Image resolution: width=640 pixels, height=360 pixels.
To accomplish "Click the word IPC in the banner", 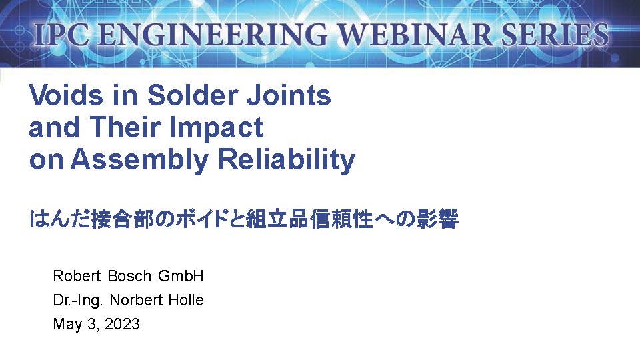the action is coord(61,34).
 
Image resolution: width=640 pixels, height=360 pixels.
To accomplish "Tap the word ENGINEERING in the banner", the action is coord(212,34).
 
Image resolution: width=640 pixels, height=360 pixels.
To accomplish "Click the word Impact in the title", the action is coord(216,129).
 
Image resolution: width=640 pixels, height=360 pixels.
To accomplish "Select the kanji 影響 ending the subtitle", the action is coord(437,219).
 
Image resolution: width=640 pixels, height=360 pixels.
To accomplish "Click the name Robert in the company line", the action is coord(77,276).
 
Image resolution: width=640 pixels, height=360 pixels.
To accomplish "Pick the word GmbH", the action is coord(181,276).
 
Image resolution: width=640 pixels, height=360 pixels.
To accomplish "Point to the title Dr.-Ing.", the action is coord(77,301).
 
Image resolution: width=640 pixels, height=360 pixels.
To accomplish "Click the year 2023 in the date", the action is coord(122,324).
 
